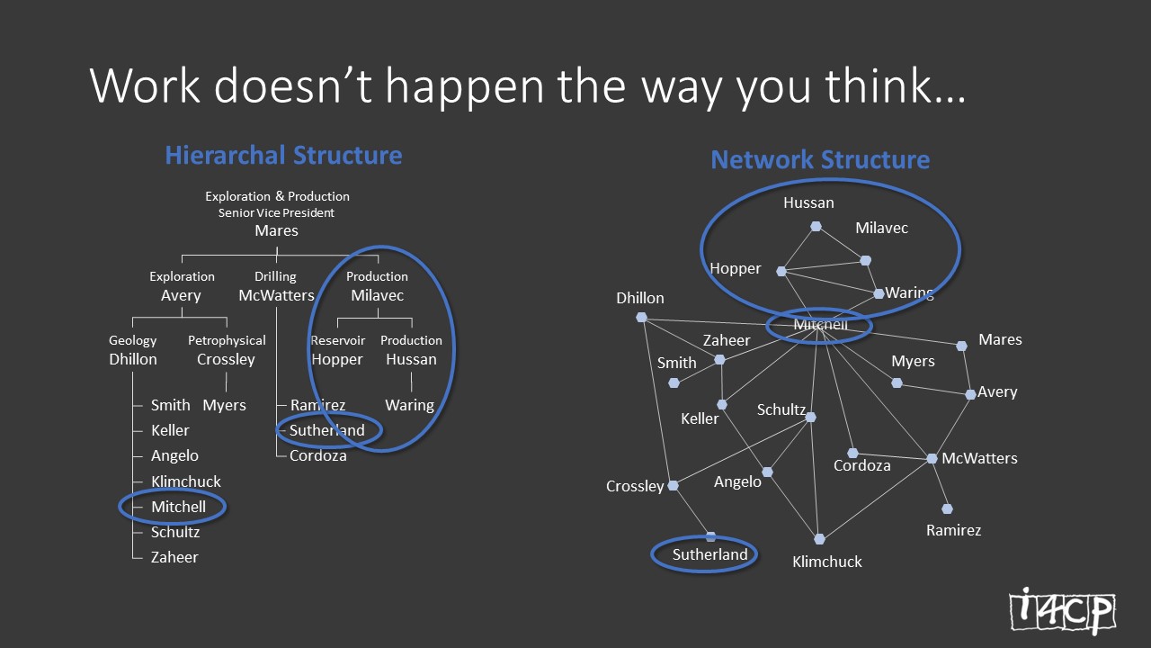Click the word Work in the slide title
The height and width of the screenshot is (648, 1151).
click(x=145, y=85)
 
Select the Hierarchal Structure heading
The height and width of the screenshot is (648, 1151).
click(x=283, y=156)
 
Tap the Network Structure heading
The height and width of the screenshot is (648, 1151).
click(x=820, y=159)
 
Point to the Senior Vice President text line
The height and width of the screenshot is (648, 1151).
click(x=276, y=213)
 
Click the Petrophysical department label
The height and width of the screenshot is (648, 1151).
click(x=227, y=340)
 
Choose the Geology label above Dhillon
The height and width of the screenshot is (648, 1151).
click(x=132, y=340)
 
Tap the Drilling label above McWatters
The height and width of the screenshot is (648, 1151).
click(x=275, y=276)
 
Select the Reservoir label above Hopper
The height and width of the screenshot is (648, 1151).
click(x=337, y=340)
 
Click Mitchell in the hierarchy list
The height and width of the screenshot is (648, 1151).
click(x=178, y=507)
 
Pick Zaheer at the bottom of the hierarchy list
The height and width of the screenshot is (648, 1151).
click(x=174, y=557)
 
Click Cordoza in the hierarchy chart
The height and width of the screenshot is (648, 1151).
click(x=318, y=455)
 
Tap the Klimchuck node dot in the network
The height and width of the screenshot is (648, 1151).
click(x=819, y=539)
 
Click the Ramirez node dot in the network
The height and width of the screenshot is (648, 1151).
click(x=947, y=508)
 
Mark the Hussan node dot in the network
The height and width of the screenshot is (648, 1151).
click(x=816, y=226)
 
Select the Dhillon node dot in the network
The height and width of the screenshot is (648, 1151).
click(x=641, y=318)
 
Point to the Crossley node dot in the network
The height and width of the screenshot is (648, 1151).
click(x=673, y=485)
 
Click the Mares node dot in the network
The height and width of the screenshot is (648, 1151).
click(x=961, y=346)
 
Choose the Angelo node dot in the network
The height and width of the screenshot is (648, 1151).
click(x=767, y=472)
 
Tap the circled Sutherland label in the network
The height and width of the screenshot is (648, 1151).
click(x=709, y=554)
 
